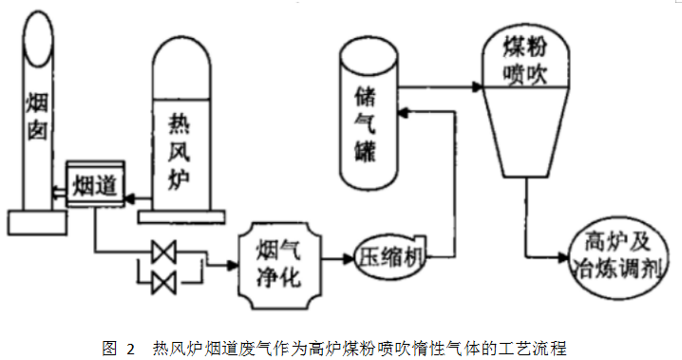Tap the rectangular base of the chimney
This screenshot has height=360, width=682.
coord(36,222)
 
